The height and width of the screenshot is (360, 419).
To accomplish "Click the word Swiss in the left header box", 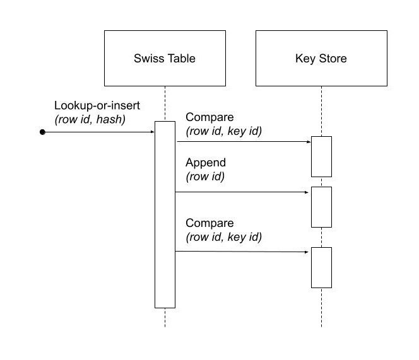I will pos(147,59).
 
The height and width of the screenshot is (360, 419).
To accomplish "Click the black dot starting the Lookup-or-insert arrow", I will pos(42,132).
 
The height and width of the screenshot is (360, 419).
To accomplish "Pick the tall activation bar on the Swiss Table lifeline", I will pos(165,214).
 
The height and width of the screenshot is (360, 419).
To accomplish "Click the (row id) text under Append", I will pos(205,177).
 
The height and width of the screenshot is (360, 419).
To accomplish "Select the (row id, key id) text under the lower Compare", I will pos(224,237).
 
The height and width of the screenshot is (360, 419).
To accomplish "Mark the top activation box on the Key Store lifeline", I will pos(321,156).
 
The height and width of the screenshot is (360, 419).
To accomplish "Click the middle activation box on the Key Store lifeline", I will pos(321,206).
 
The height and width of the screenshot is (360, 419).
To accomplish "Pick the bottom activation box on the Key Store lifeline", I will pos(321,267).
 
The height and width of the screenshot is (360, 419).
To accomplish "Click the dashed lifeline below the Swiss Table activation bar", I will pos(165,318).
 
